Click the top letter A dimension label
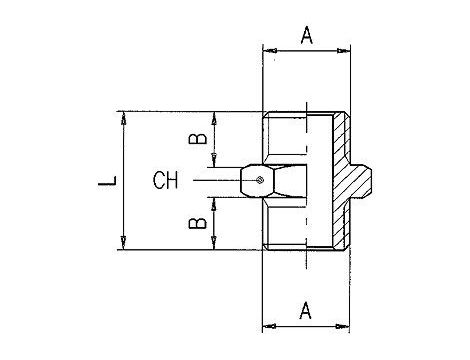[307, 36]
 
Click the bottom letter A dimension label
[305, 310]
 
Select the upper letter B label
[197, 138]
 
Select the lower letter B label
[197, 223]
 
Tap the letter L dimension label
[107, 181]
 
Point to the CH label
[165, 180]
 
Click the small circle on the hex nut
[260, 180]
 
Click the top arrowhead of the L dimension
[124, 117]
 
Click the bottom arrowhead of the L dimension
[124, 243]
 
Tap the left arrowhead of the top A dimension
[269, 51]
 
